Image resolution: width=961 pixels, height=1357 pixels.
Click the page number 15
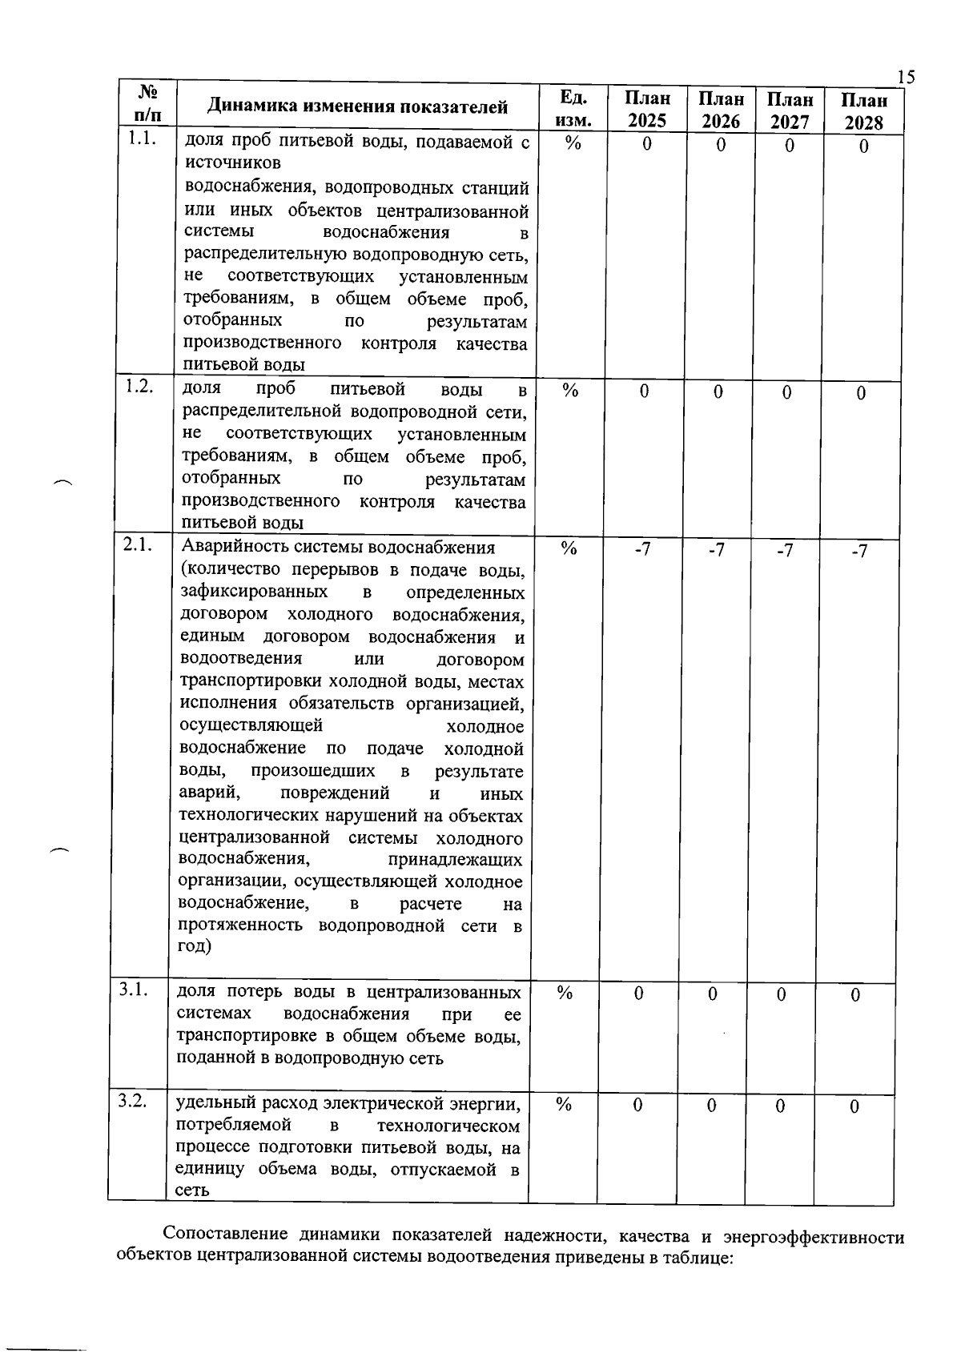point(905,77)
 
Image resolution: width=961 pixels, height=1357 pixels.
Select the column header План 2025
point(647,110)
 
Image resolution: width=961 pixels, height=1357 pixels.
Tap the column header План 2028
point(863,111)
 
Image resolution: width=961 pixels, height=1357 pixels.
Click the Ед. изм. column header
point(573,109)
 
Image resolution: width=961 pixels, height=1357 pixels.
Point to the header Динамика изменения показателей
point(357,107)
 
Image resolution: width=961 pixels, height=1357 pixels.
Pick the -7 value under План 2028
point(858,552)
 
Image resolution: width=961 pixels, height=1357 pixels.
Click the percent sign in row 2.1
point(569,548)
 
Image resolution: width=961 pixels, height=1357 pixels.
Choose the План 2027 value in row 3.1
point(781,994)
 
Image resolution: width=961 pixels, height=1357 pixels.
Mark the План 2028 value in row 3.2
point(854,1107)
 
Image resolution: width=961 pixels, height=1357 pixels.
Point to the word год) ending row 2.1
point(195,945)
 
